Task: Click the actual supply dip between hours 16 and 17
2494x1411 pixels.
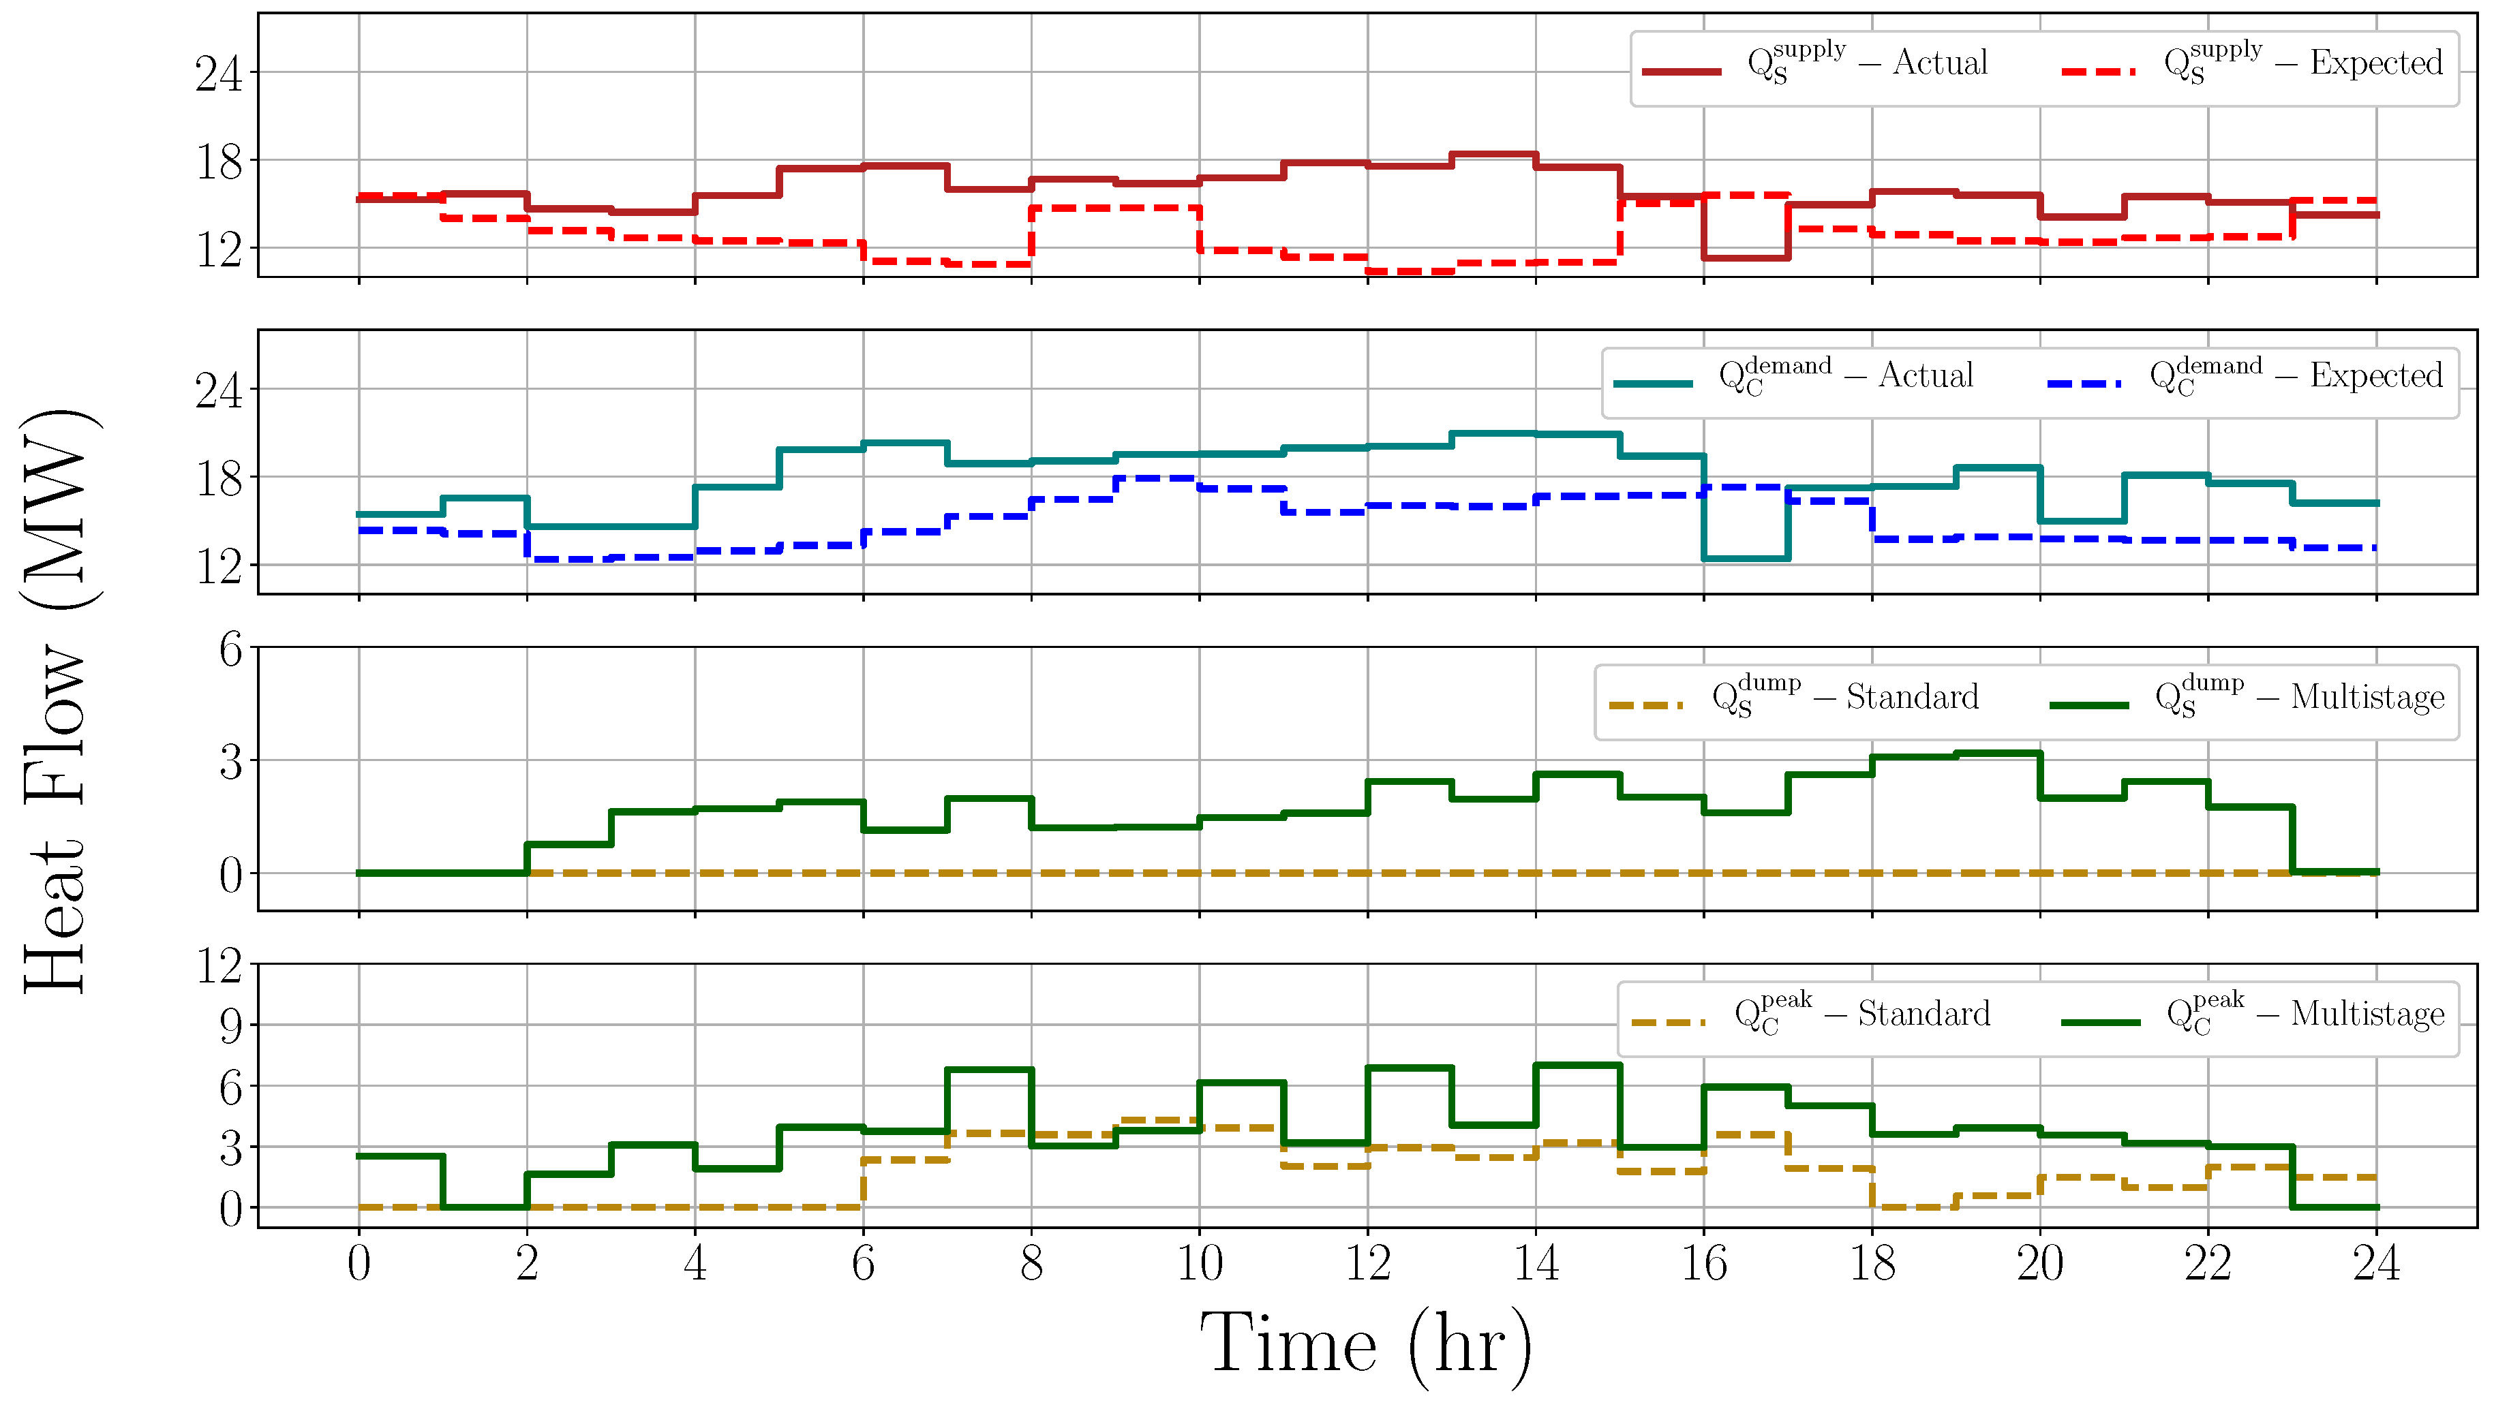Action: tap(1746, 258)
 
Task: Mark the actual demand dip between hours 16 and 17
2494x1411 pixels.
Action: tap(1746, 558)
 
